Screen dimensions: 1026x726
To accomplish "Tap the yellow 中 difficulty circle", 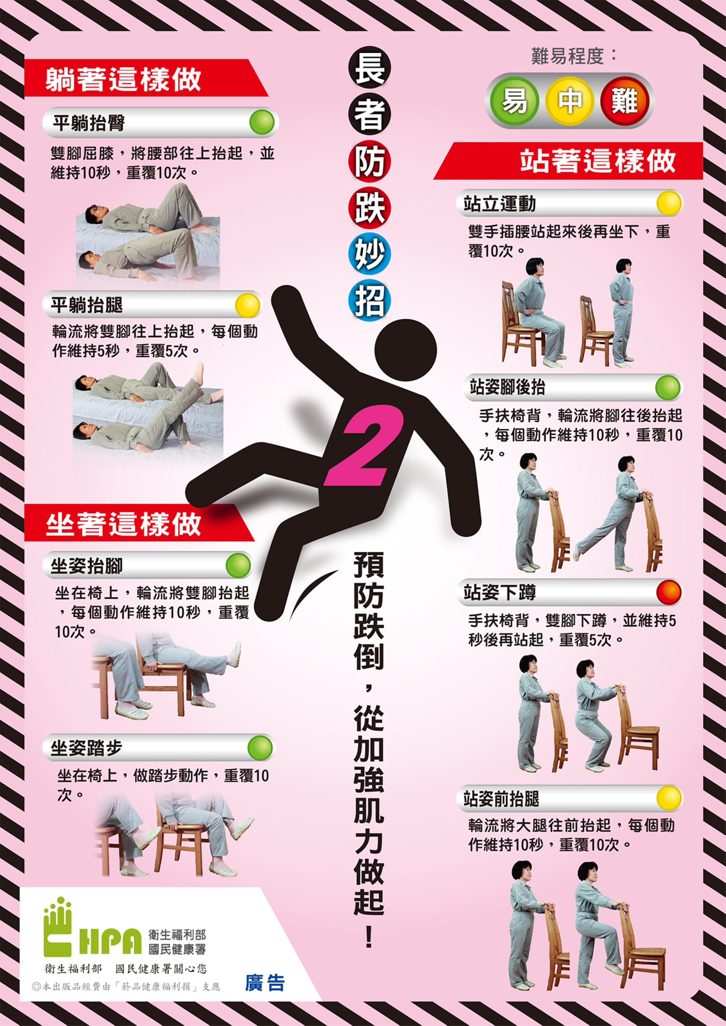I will tap(569, 101).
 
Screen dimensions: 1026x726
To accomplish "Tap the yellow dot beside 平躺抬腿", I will tap(247, 305).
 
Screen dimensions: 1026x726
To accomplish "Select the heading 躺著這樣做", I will tap(123, 80).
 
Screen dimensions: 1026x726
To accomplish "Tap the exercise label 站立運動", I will tap(499, 204).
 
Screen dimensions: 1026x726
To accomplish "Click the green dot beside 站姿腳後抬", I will tap(668, 387).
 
